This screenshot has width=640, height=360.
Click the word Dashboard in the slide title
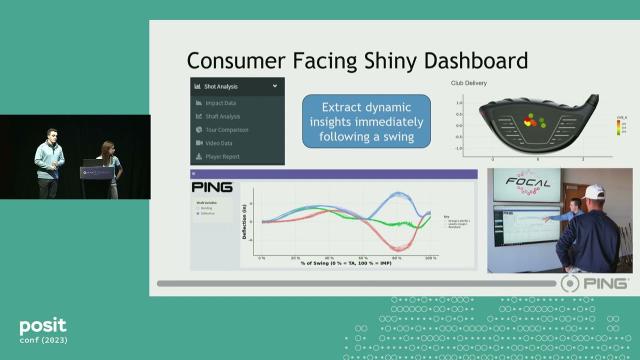coord(466,60)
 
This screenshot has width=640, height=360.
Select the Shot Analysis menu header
coord(223,86)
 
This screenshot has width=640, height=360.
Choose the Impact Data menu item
coord(221,103)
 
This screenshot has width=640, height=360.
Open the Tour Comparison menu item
coord(229,129)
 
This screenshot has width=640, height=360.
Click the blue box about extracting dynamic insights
coord(366,121)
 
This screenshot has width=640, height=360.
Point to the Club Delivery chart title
coord(507,84)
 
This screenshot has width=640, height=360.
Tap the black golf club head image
coord(537,122)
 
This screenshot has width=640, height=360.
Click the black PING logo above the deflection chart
coord(212,185)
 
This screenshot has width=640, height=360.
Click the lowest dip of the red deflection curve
coord(398,246)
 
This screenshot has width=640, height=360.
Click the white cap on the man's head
coord(596,191)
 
